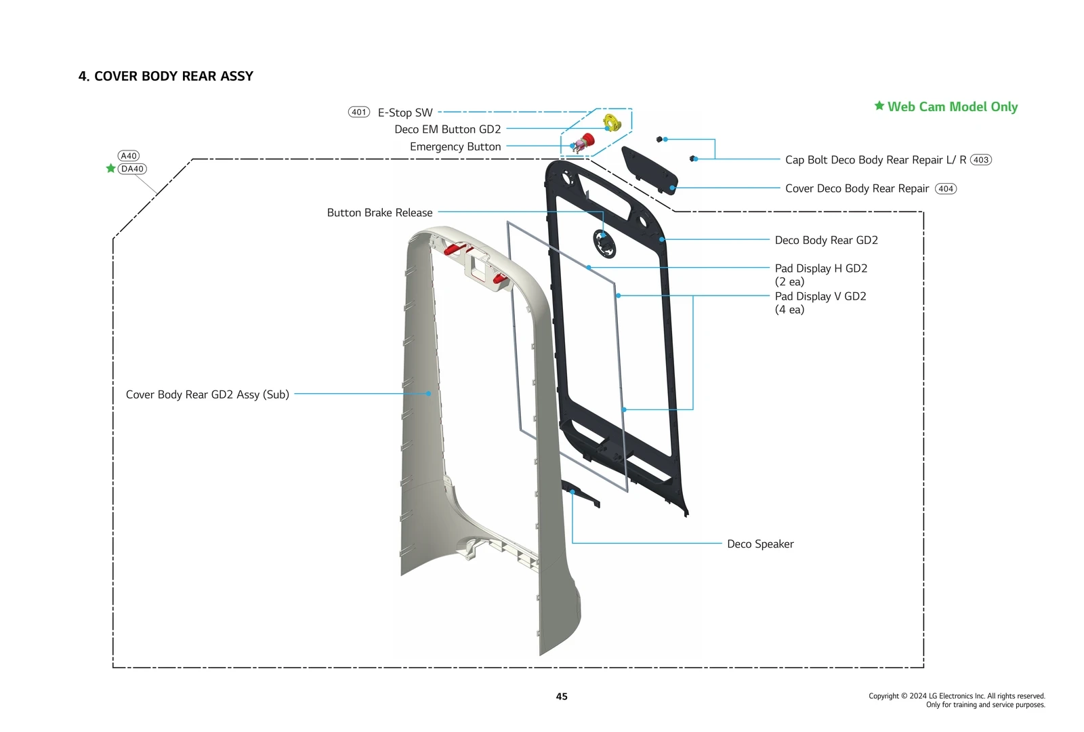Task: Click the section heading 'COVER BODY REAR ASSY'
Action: coord(166,76)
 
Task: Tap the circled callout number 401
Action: coord(359,113)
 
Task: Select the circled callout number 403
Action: coord(980,160)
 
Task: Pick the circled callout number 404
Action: coord(946,189)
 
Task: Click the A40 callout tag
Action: coord(129,156)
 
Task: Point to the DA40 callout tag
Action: coord(132,169)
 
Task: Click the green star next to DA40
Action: coord(110,168)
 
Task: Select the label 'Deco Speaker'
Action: coord(760,544)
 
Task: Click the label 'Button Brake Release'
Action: coord(379,213)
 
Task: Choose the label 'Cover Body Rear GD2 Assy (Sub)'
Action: coord(207,394)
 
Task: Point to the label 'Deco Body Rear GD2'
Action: coord(826,241)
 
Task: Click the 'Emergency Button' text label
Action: coord(455,147)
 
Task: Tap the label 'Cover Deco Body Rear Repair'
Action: coord(856,188)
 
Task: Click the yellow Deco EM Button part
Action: coord(612,123)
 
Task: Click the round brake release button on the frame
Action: coord(604,243)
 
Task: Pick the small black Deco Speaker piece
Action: coord(581,493)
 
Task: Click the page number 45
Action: coord(562,697)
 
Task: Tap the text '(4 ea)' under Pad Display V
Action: coord(789,310)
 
